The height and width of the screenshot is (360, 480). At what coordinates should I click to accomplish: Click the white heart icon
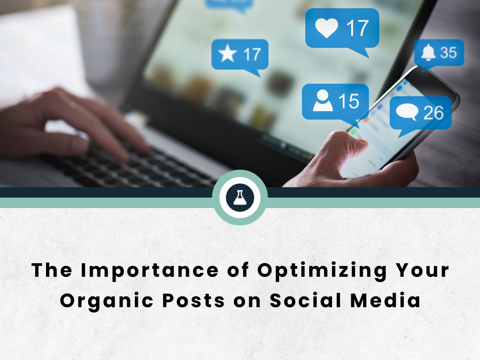coord(326,28)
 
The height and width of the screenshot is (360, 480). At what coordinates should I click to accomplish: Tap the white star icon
coord(228,53)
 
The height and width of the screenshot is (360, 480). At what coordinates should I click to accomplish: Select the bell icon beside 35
coord(428,52)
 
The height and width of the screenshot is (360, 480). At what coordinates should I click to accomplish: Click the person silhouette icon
coord(323,100)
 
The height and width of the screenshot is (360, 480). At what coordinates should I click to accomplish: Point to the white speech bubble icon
coord(407,112)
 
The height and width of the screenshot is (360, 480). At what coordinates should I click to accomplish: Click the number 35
coord(448,52)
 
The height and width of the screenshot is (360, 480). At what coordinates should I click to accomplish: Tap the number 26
coord(434,113)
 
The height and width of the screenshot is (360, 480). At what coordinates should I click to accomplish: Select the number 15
coord(349,101)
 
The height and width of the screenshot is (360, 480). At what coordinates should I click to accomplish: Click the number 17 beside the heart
coord(358,28)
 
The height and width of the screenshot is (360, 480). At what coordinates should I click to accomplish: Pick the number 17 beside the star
coord(252,54)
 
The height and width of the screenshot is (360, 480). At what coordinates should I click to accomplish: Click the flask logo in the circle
coord(240,198)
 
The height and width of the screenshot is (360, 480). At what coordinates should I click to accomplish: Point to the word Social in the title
coord(306,300)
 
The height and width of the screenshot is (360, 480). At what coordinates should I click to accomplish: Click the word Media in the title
coord(385,300)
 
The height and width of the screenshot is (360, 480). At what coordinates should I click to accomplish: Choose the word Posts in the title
coord(194,300)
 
